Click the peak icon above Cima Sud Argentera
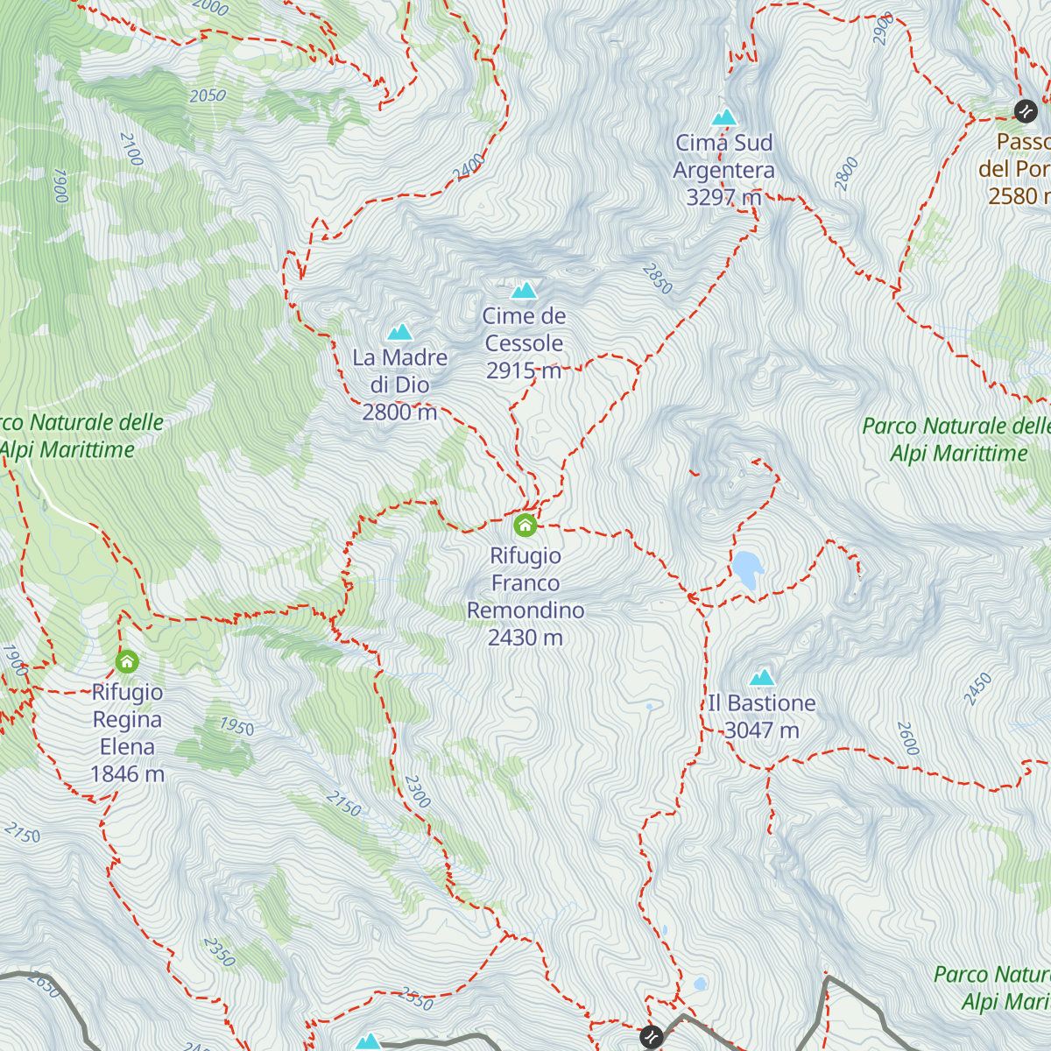723,116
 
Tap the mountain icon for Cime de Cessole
524,290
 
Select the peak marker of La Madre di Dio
400,332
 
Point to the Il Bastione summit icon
762,677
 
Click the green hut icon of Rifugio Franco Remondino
525,525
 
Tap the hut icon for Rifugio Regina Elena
127,661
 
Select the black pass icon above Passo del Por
1026,110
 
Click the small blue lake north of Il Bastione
747,568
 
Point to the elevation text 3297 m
723,197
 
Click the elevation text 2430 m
525,638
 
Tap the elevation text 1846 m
127,774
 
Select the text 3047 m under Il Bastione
762,730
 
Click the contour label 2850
658,279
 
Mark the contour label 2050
208,95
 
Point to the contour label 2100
130,150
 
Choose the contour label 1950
236,727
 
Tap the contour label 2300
418,791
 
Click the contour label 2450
978,689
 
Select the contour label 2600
908,738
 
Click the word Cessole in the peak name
524,343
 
